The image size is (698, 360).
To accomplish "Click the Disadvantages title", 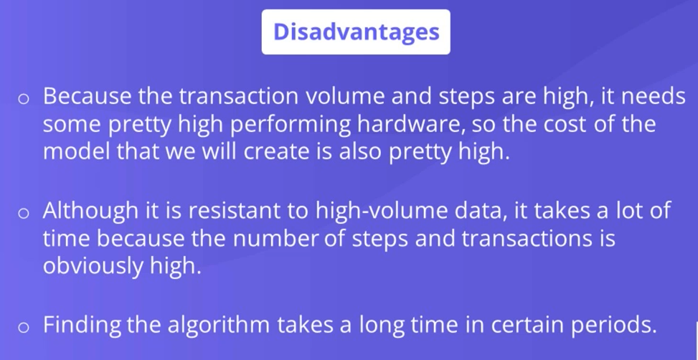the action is [x=356, y=32].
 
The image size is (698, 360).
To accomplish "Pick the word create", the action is [x=276, y=152].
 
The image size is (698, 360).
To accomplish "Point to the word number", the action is [x=275, y=238].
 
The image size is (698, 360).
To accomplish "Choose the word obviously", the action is [x=93, y=267].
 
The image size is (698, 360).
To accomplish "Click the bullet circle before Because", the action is [x=23, y=99].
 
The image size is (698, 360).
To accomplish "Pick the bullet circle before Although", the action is [x=23, y=213].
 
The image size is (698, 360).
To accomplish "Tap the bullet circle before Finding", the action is [x=23, y=328].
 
